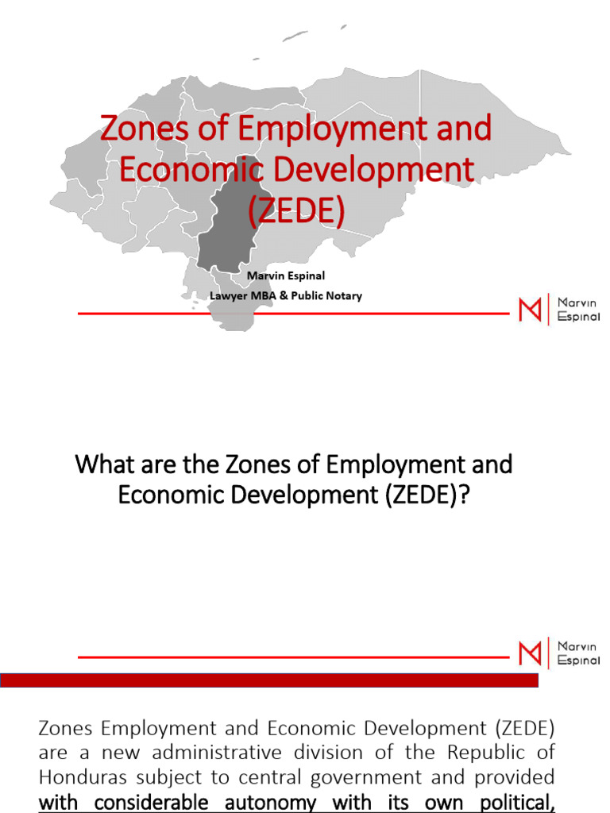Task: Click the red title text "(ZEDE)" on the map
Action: [296, 211]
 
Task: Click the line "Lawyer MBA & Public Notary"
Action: [285, 295]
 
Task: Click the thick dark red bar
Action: [270, 680]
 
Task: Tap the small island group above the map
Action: [295, 36]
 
